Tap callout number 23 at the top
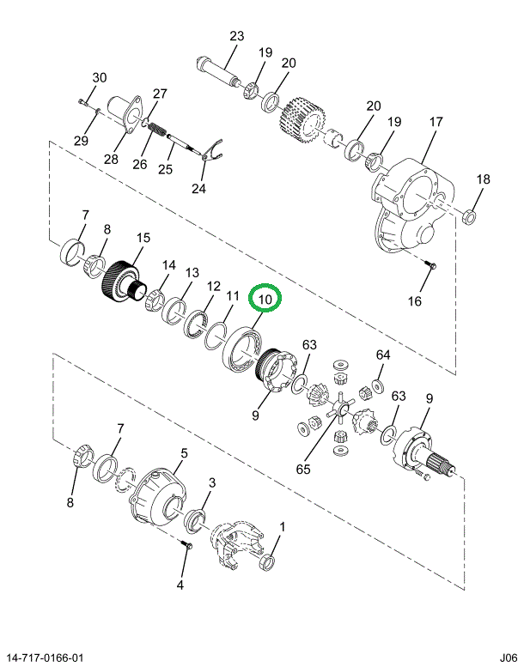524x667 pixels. pos(236,36)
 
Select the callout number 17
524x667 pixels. pos(436,122)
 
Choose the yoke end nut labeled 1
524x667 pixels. pos(268,563)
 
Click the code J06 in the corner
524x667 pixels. pos(507,657)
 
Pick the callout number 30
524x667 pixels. pos(100,78)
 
